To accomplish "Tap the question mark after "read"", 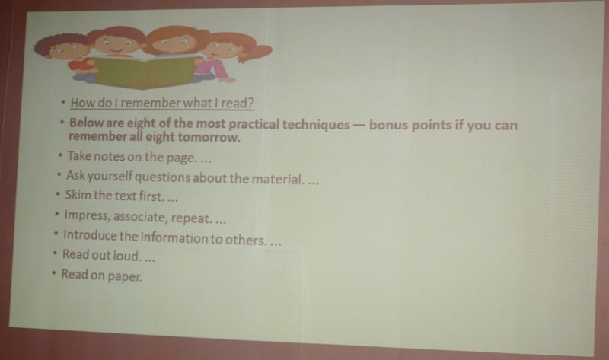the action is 250,104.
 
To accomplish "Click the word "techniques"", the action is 316,125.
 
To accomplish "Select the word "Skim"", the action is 78,194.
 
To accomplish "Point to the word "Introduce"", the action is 90,235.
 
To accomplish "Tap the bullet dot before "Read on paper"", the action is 53,272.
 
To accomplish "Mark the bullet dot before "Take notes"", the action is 60,155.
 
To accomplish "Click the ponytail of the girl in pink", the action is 257,53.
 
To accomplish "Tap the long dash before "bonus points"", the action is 359,126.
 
